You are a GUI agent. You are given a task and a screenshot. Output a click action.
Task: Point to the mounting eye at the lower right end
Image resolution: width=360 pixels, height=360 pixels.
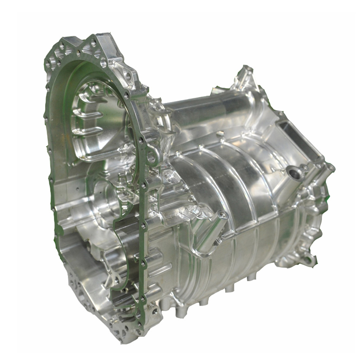(x=308, y=260)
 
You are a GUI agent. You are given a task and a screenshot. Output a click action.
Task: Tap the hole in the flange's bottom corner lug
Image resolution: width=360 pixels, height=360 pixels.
(x=155, y=311)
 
